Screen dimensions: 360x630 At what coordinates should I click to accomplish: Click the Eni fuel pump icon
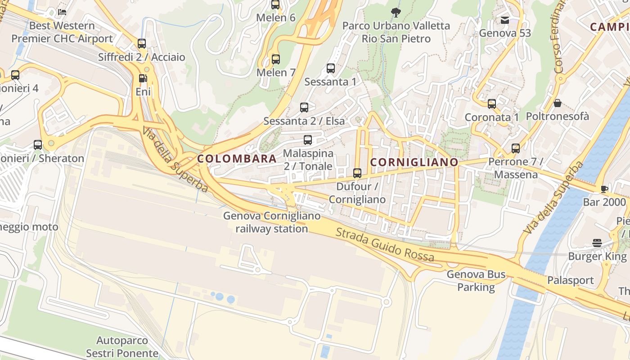pos(143,78)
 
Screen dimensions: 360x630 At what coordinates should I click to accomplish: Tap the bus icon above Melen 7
pos(275,59)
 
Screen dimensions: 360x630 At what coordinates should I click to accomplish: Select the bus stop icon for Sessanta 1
pos(331,68)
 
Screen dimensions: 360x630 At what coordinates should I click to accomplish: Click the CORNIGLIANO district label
pos(414,162)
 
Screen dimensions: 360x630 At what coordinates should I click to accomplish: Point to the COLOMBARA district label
pos(237,158)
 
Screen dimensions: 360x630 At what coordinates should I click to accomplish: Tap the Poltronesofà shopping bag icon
pos(557,103)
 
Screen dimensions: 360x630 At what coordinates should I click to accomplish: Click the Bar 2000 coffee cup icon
pos(604,189)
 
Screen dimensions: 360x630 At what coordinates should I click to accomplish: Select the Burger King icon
pos(597,243)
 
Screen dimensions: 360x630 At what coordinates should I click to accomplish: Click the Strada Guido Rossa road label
pos(385,245)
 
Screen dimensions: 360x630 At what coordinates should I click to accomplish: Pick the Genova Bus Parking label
pos(476,281)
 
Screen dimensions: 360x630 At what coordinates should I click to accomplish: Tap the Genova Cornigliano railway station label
pos(272,222)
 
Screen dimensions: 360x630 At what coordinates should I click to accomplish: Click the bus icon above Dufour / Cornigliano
pos(357,173)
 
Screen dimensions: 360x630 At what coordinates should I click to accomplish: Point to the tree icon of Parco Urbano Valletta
pos(396,12)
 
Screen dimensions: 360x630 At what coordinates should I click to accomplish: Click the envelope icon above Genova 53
pos(505,20)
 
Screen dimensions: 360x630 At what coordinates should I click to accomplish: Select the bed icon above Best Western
pos(62,12)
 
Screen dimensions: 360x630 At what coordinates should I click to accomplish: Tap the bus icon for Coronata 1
pos(492,104)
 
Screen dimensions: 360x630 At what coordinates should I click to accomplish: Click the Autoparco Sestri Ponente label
pos(122,346)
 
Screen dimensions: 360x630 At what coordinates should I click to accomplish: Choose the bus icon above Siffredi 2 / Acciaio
pos(142,44)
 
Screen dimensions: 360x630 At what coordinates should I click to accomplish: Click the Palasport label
pos(571,280)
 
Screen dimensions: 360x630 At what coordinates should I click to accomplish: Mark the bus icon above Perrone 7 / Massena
pos(516,148)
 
